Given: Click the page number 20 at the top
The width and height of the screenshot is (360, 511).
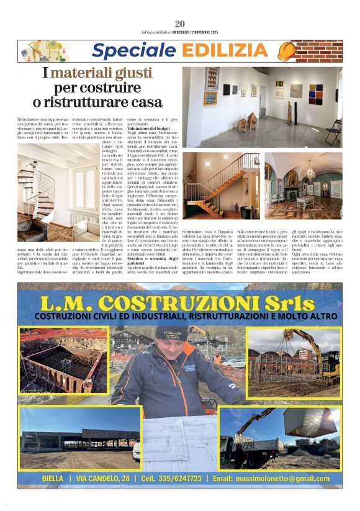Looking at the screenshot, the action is [x=180, y=24].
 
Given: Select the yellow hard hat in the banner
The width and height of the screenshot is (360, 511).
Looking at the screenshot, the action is [x=286, y=51].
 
